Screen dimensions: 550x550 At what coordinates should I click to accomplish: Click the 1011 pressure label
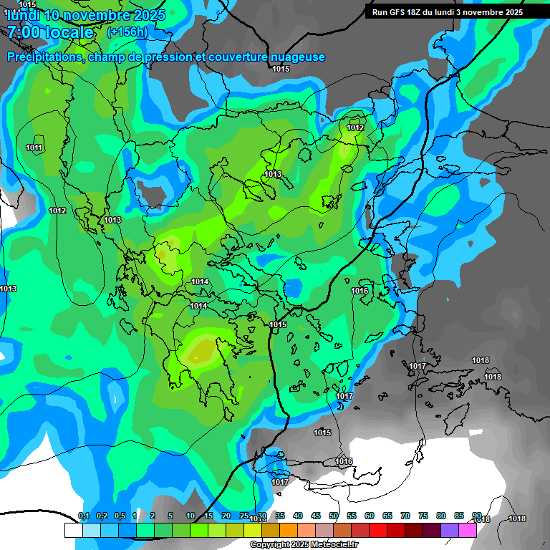34,148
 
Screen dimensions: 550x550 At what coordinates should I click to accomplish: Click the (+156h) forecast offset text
127,32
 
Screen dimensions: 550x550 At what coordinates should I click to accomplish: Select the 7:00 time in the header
24,32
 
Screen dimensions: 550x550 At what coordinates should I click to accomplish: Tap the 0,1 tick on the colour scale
84,516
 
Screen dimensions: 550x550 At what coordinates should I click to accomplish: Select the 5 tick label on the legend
170,516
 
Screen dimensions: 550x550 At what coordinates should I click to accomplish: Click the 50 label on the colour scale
334,516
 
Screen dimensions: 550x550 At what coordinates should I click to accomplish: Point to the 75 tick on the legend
423,516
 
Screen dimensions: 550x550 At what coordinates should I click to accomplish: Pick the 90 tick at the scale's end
477,516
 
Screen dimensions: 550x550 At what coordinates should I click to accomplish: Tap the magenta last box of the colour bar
468,530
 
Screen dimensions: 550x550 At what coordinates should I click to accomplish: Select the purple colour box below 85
450,530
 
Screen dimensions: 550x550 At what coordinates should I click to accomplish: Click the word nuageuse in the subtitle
296,57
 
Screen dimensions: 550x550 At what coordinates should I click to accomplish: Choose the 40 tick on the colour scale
298,516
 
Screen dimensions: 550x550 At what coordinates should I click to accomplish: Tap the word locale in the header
69,32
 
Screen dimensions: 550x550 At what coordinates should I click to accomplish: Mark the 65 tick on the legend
387,516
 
